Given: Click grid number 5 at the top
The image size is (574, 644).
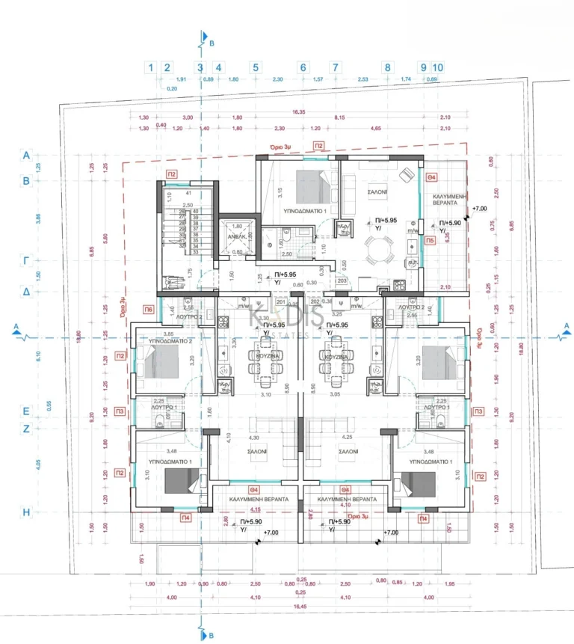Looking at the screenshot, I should [256, 67].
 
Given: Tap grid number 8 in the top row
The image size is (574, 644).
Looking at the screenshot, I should [387, 67].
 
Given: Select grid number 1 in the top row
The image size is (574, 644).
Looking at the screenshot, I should [152, 67].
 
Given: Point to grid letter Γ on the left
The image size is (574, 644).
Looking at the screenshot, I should [26, 261].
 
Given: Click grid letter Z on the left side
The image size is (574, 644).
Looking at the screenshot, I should [26, 429].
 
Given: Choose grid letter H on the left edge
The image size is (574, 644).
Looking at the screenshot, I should [26, 512].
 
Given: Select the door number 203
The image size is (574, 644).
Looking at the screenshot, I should [342, 280].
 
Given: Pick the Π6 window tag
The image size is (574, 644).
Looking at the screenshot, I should [149, 309].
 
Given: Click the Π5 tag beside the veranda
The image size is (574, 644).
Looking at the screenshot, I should [430, 241].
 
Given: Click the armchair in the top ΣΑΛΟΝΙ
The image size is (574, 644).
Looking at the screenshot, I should [406, 174].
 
